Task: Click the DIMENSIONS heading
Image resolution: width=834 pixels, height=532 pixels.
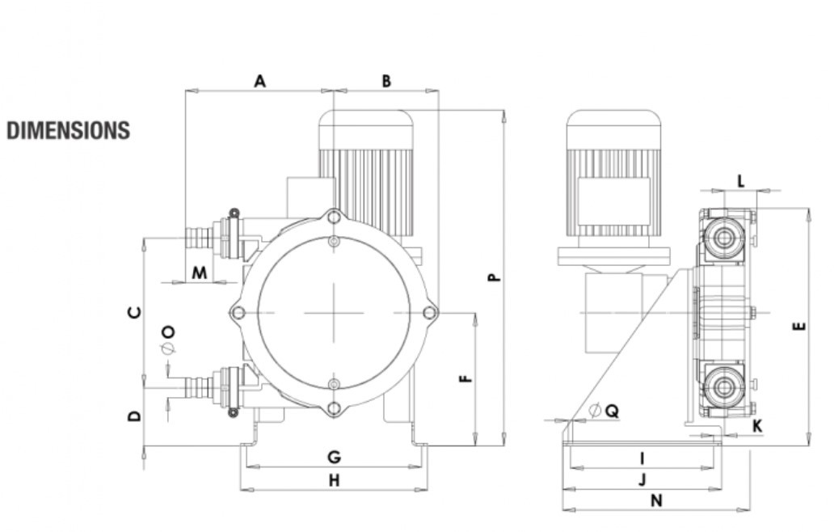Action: (x=68, y=131)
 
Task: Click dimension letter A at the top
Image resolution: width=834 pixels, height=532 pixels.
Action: (x=259, y=81)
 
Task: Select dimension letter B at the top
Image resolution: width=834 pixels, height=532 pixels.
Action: (x=386, y=81)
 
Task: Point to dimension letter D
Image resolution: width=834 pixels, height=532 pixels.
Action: (x=135, y=416)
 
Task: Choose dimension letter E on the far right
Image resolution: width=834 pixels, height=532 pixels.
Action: (x=799, y=327)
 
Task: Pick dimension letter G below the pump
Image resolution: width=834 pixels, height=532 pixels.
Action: (x=334, y=458)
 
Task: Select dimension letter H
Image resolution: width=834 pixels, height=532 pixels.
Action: (x=334, y=480)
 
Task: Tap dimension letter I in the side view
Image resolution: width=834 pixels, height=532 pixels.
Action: (x=642, y=458)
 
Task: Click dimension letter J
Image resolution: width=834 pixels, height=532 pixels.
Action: (x=642, y=479)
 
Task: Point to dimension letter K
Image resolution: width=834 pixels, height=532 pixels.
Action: (x=757, y=425)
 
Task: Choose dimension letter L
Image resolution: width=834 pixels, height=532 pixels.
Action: (x=740, y=180)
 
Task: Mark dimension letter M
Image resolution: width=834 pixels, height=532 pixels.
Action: (x=199, y=273)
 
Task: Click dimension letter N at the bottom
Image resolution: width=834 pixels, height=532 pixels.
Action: (x=656, y=500)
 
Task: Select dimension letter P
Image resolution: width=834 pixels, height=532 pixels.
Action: (x=494, y=277)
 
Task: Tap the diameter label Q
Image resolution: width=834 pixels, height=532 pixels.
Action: (x=604, y=411)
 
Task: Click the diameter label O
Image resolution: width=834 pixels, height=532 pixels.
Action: (x=168, y=340)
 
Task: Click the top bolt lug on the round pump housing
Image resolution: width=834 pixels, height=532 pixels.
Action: (x=333, y=217)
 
